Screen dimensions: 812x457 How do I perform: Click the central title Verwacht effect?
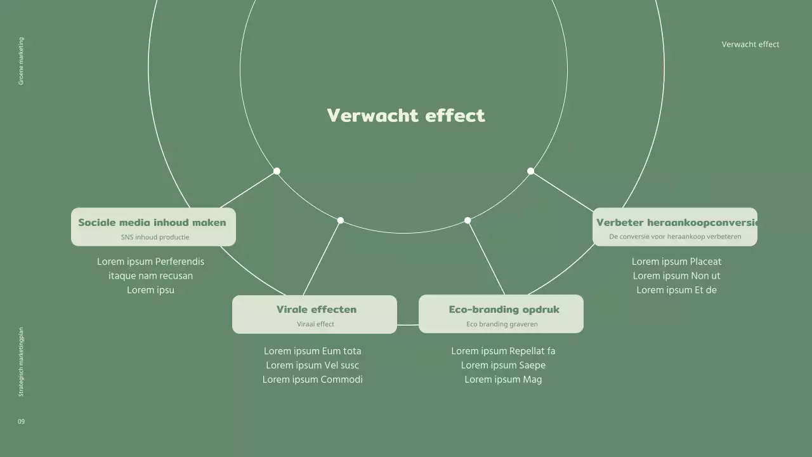tap(406, 116)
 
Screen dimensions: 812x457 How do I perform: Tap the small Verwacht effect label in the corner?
tap(750, 44)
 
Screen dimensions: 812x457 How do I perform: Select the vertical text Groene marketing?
tap(21, 61)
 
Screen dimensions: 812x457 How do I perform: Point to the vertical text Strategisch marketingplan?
tap(21, 362)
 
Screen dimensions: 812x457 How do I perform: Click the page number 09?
tap(22, 421)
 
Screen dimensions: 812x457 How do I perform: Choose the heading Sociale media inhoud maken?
tap(152, 222)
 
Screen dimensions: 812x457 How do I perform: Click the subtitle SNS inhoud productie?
tap(155, 237)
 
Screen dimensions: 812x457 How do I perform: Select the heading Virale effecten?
tap(316, 310)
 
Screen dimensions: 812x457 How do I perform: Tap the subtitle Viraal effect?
tap(315, 324)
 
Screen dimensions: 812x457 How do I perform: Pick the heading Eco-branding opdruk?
tap(504, 310)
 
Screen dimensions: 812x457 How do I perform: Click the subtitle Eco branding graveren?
tap(502, 324)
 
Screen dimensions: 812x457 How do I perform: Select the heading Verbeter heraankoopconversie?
tap(676, 222)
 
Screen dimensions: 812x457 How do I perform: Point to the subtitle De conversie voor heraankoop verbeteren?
tap(675, 237)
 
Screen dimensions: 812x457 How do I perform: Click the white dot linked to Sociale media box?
tap(277, 171)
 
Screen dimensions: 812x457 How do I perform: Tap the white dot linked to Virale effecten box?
tap(341, 220)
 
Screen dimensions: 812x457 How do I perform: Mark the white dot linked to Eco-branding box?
tap(468, 220)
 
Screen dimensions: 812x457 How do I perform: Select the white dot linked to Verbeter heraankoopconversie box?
tap(530, 171)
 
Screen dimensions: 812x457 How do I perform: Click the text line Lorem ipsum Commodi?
tap(313, 380)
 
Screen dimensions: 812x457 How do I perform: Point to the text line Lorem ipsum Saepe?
tap(503, 365)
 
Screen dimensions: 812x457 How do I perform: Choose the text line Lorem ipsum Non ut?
tap(676, 275)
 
